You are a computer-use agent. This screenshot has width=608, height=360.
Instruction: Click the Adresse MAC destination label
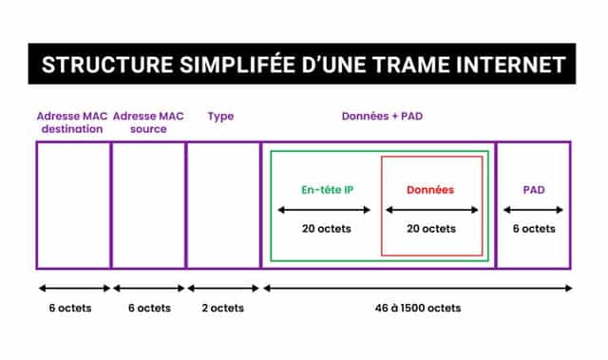coord(71,123)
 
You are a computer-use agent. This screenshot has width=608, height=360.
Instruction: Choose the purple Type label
coord(220,117)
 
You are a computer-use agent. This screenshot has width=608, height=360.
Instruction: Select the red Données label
coord(430,189)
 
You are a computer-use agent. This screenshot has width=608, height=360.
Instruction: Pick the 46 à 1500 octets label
coord(416,308)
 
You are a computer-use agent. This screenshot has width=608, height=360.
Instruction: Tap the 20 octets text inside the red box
coord(430,229)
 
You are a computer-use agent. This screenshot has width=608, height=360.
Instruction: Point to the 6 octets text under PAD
coord(533,229)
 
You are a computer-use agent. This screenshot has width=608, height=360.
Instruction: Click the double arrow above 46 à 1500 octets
coord(417,287)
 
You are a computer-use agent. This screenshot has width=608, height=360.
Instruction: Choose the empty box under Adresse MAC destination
coord(73,204)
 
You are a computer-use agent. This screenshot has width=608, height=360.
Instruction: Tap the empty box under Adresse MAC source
coord(148,204)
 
